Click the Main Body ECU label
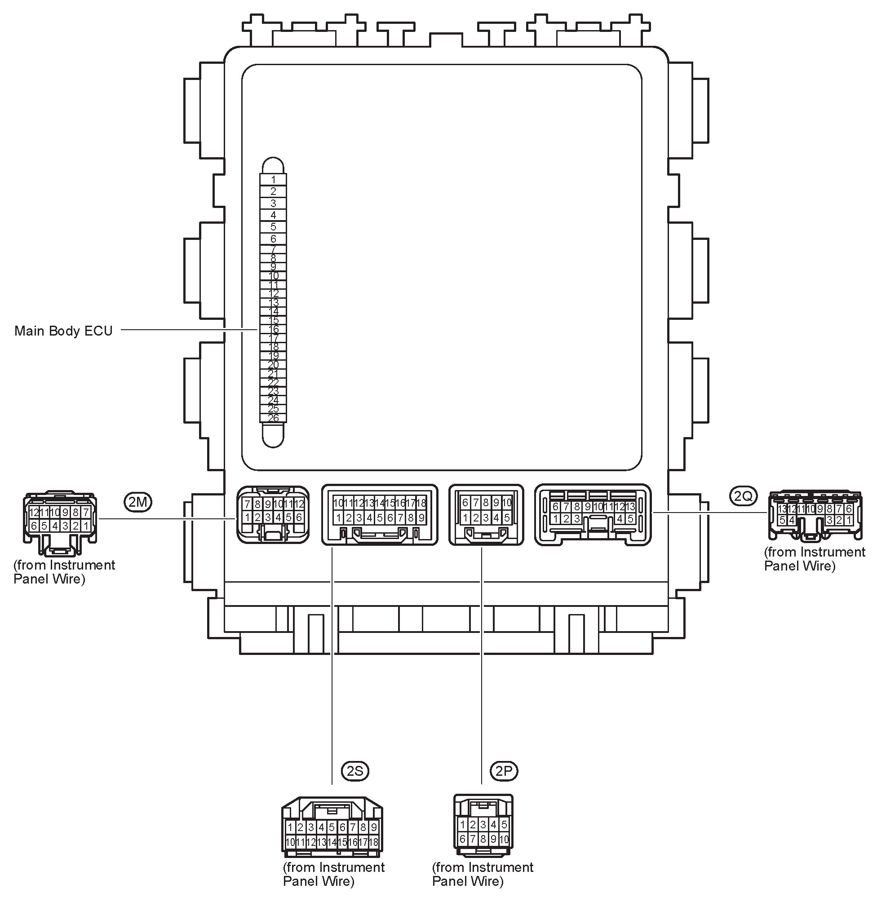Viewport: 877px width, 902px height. point(63,331)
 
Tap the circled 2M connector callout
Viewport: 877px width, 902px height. point(138,502)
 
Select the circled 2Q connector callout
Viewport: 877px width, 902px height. point(743,495)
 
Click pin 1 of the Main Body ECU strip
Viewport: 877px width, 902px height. point(273,180)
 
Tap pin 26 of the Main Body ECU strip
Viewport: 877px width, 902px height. point(273,418)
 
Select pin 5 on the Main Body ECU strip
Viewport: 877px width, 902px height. point(273,227)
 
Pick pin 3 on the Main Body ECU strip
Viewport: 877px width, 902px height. point(273,203)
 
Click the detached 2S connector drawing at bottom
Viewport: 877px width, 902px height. point(332,827)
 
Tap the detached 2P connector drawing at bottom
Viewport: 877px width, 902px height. point(483,825)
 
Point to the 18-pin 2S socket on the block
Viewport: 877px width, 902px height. point(380,514)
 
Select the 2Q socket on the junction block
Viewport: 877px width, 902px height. point(593,514)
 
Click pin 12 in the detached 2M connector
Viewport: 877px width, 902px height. point(34,513)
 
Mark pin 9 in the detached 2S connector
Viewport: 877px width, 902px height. point(373,827)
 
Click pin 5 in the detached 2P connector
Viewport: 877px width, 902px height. point(504,825)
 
